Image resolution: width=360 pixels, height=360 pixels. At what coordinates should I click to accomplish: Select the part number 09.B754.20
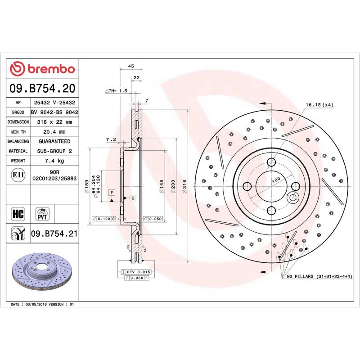pyautogui.click(x=42, y=88)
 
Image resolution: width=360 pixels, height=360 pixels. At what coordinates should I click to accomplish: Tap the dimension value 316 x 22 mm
pyautogui.click(x=54, y=122)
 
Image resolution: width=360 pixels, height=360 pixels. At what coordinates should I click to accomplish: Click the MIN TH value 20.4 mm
pyautogui.click(x=54, y=132)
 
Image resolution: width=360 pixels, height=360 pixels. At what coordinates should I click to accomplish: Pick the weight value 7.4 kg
pyautogui.click(x=54, y=161)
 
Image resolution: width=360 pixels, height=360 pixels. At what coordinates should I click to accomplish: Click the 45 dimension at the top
pyautogui.click(x=131, y=67)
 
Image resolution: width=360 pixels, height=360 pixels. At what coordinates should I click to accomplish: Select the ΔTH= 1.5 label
pyautogui.click(x=117, y=90)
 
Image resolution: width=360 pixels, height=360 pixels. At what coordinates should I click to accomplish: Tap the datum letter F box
pyautogui.click(x=111, y=192)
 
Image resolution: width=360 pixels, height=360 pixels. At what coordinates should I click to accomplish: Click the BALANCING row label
pyautogui.click(x=18, y=141)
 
